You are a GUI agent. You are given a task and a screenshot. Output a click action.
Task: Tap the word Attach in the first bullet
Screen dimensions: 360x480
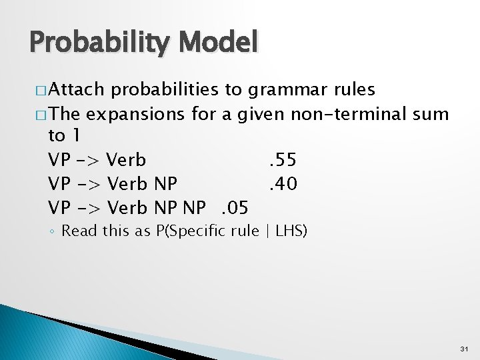(77, 89)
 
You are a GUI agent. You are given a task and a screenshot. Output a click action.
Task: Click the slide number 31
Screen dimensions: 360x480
(464, 349)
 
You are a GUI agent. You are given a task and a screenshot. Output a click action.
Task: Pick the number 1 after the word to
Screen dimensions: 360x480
(76, 137)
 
